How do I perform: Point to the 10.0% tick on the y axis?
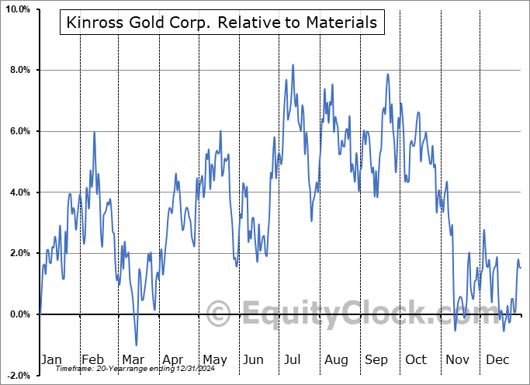17,9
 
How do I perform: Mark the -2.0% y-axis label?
18,376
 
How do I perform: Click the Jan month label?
50,359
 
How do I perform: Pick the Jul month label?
293,359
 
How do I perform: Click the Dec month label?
497,359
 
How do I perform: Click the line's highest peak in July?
293,65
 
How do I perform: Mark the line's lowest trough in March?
137,345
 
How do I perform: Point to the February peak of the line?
94,132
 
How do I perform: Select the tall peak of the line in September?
387,75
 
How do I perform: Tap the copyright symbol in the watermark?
220,314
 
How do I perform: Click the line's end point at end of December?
521,268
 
